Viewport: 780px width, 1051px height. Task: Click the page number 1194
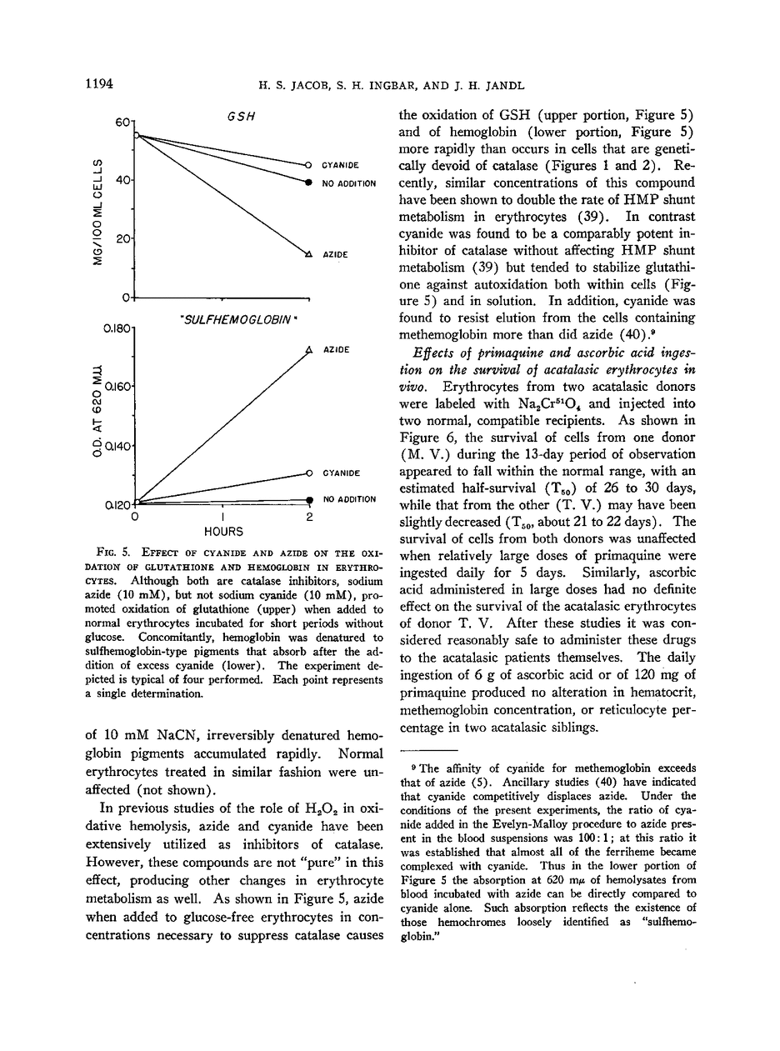98,84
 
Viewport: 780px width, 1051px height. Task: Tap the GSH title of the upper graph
241,117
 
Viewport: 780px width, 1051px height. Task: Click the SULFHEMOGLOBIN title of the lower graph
239,319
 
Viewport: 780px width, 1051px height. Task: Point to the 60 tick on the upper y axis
125,122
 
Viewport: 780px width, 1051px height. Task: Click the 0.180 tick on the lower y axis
117,330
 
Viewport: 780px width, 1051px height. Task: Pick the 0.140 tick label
117,447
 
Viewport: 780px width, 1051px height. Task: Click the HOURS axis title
223,531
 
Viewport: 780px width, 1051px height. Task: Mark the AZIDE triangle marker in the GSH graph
308,253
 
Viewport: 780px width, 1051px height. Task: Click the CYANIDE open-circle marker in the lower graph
308,473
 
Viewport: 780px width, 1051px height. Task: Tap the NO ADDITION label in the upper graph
349,183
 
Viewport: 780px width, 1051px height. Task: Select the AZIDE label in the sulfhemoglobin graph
336,349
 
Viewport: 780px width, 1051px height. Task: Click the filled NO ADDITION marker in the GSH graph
308,181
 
